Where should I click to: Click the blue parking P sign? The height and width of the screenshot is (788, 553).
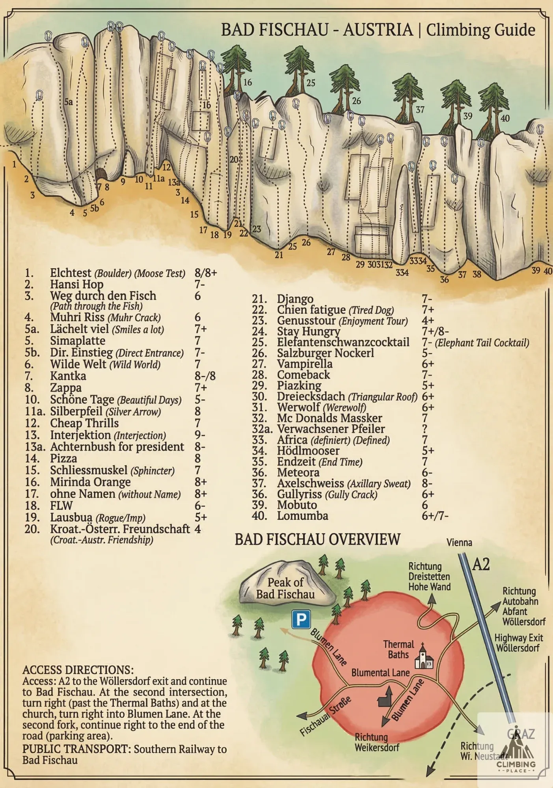(301, 619)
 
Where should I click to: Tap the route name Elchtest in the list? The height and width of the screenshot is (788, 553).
(71, 273)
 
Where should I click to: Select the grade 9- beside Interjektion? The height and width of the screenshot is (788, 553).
(200, 435)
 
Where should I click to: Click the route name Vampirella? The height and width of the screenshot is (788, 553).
(305, 364)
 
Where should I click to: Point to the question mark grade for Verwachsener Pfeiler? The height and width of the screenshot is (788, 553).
(425, 429)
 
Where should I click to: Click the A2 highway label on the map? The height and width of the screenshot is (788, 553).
(481, 565)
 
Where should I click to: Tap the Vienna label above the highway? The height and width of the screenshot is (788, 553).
(459, 543)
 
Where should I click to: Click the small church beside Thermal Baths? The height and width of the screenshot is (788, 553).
(424, 656)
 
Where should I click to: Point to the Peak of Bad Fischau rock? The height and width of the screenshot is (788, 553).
(286, 584)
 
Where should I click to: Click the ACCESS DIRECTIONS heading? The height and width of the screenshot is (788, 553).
(78, 670)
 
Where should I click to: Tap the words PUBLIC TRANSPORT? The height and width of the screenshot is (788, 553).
(76, 749)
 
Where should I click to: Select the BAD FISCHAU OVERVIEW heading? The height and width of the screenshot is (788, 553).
(317, 539)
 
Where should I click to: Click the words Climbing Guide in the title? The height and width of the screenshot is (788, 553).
(480, 30)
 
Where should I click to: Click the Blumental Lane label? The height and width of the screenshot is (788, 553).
(380, 673)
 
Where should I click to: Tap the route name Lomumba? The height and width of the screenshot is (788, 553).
(302, 515)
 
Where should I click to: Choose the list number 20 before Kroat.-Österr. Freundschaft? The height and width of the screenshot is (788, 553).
(32, 529)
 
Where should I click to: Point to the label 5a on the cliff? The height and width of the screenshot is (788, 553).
(69, 102)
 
